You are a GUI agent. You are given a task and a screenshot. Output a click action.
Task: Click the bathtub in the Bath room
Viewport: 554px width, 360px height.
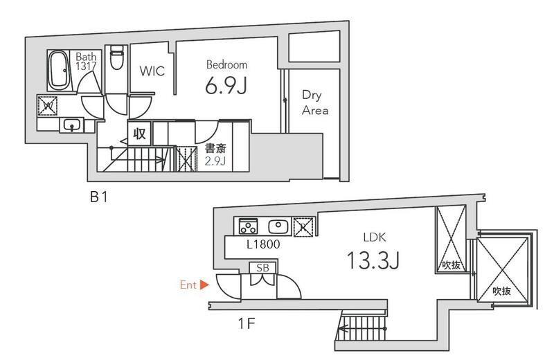[x=58, y=71]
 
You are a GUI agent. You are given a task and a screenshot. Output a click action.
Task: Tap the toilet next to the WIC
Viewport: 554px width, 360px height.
[x=116, y=57]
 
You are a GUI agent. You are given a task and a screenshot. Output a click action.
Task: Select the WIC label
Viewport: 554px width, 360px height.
[x=152, y=71]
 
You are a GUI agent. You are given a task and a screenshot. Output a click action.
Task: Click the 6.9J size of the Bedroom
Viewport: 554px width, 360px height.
[x=226, y=85]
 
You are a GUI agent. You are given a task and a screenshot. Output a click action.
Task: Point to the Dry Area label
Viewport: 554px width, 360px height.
[x=315, y=102]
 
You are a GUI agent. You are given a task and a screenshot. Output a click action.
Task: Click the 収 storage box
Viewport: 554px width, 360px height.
[x=139, y=134]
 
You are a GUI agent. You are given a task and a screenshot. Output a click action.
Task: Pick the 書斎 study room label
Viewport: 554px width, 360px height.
[x=215, y=148]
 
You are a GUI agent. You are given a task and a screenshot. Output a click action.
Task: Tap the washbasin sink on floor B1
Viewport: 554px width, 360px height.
[x=72, y=125]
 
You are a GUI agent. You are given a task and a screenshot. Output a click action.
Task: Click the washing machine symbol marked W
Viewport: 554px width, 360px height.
[x=48, y=106]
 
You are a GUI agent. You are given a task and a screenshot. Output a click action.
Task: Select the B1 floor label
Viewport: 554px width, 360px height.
[x=98, y=197]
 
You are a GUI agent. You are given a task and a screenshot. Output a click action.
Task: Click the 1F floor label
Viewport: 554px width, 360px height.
[x=247, y=323]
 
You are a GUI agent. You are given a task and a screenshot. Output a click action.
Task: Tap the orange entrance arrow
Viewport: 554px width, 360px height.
[x=204, y=285]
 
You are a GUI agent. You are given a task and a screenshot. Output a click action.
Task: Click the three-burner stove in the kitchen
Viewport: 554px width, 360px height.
[x=249, y=226]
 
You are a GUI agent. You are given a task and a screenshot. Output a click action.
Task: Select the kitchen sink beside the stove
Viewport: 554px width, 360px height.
[x=279, y=226]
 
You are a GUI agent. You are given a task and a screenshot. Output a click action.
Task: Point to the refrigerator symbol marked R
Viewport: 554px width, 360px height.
[x=303, y=227]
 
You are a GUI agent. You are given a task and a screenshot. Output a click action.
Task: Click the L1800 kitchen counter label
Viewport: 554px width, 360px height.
[x=263, y=244]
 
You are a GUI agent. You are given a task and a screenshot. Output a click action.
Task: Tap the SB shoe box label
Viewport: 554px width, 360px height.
[x=262, y=268]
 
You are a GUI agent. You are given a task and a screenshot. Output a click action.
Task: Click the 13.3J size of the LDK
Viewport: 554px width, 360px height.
[x=373, y=260]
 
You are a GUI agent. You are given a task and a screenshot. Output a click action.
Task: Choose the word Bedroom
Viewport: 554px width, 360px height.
[x=226, y=64]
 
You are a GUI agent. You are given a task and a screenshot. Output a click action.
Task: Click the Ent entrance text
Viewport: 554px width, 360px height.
[x=188, y=285]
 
